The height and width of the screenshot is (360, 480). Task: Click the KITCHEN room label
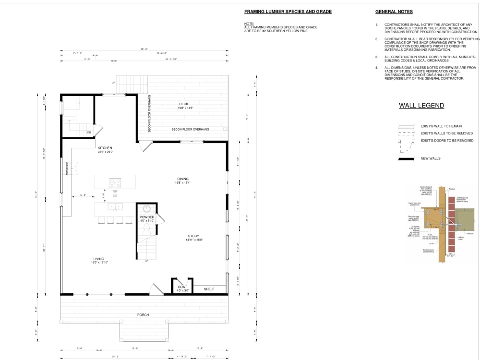click(x=105, y=147)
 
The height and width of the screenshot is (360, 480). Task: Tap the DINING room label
click(x=182, y=179)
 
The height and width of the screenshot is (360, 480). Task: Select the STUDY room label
click(x=193, y=236)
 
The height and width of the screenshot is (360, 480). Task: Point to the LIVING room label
click(x=99, y=259)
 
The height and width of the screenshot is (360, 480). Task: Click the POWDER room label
click(x=147, y=217)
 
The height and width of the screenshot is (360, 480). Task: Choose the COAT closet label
click(x=182, y=287)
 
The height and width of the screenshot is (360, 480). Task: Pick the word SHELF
click(x=209, y=289)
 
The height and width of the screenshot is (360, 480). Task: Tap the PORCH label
click(x=143, y=315)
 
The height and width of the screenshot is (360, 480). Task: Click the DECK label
click(x=184, y=104)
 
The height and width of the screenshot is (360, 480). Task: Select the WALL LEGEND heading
click(x=421, y=106)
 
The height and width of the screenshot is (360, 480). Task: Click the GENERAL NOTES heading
click(x=394, y=12)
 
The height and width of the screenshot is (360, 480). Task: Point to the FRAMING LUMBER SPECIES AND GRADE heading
click(x=288, y=12)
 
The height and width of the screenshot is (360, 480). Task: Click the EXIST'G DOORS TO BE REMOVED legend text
click(x=447, y=141)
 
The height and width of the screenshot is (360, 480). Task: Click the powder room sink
click(x=147, y=209)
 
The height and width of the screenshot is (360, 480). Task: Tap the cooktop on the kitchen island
click(x=115, y=182)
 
